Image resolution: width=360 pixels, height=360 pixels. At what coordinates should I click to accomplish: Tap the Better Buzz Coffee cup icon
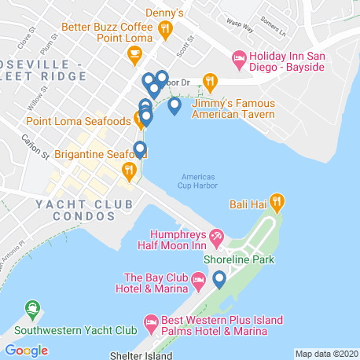[x=134, y=53]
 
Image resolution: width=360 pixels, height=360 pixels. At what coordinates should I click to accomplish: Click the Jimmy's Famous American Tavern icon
[x=210, y=80]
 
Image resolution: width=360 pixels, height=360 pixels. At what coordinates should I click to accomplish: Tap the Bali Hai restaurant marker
[x=277, y=204]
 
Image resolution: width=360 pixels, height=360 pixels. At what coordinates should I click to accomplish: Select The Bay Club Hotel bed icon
[x=200, y=280]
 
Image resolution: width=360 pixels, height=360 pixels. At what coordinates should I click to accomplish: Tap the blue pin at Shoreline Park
[x=219, y=278]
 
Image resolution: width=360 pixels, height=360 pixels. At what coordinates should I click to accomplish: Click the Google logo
[x=27, y=349]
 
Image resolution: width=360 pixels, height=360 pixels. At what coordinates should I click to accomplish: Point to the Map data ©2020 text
[x=326, y=353]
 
